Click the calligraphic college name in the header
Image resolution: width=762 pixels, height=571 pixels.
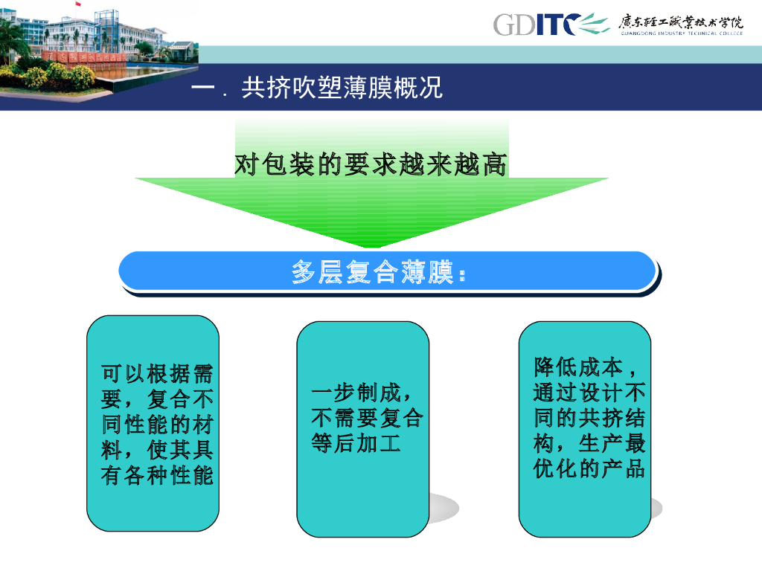[681, 22]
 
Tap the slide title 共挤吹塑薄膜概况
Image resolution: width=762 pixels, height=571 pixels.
[342, 88]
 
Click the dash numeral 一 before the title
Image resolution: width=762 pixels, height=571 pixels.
[202, 88]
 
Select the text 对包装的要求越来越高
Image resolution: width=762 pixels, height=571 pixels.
[371, 164]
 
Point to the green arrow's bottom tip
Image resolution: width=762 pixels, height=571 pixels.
[371, 248]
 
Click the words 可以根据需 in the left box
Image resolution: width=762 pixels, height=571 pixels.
[157, 374]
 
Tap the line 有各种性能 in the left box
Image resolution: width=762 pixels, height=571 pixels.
[157, 475]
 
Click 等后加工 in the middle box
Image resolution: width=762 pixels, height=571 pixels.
[356, 443]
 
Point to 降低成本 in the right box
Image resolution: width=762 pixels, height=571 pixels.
[578, 367]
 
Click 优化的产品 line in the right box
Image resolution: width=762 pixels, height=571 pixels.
[589, 468]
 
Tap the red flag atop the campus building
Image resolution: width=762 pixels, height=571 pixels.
[77, 4]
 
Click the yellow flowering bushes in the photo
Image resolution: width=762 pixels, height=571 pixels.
[58, 77]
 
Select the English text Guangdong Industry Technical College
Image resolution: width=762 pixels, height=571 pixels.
[682, 33]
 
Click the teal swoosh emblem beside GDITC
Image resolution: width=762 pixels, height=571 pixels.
[594, 23]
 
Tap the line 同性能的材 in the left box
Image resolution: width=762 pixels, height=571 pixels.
[157, 425]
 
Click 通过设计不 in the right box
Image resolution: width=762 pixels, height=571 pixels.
[589, 393]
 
